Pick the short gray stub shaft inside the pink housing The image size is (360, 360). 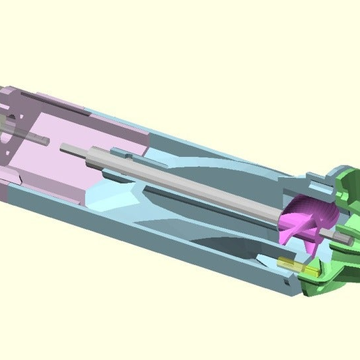(35, 137)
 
